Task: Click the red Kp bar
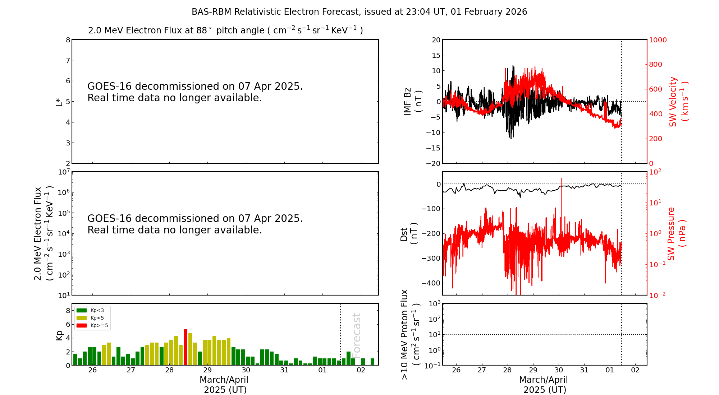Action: click(x=186, y=347)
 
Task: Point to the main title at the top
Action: click(x=359, y=12)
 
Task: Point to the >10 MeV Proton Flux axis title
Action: click(x=410, y=334)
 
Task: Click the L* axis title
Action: click(x=59, y=102)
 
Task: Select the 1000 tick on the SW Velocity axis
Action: click(x=658, y=40)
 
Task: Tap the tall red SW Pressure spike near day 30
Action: click(x=562, y=201)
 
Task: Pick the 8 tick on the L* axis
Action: click(x=68, y=40)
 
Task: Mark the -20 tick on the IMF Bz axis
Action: click(x=433, y=163)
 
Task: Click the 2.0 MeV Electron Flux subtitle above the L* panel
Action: click(x=225, y=31)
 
